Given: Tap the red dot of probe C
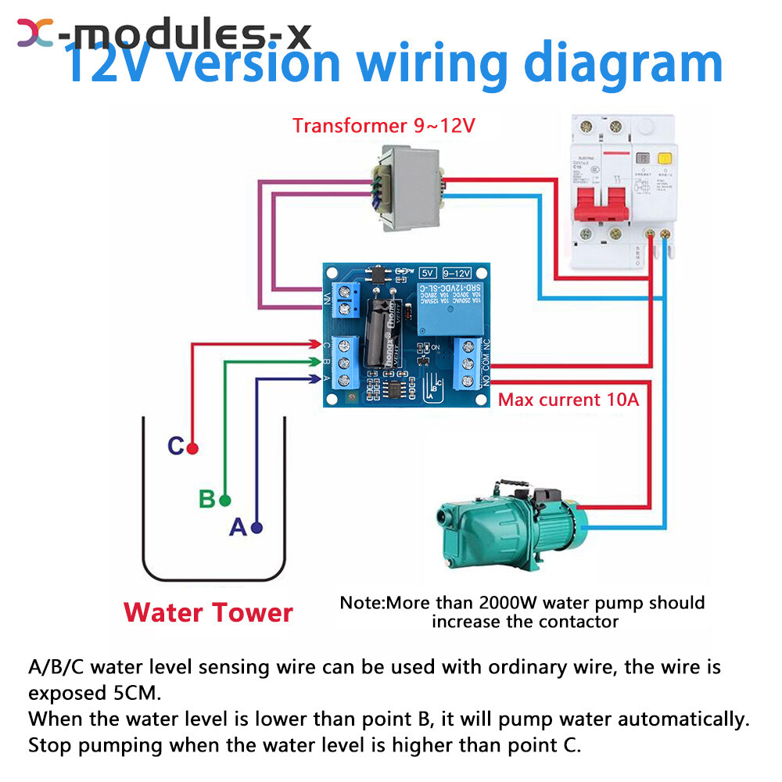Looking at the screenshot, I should [x=192, y=449].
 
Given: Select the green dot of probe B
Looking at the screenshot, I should [x=225, y=500].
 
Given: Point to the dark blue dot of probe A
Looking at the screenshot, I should [x=256, y=528].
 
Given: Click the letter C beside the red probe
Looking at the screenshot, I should [x=176, y=447].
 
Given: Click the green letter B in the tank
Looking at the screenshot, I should [x=206, y=499].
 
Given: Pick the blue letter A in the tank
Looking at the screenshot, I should [x=238, y=528].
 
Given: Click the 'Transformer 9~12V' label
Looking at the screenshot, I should [x=384, y=125].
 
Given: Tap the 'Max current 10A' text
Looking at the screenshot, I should [x=569, y=400].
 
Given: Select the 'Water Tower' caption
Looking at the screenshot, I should [x=208, y=612].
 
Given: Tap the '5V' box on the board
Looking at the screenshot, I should [x=428, y=273].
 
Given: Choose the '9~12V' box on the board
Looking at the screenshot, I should [x=457, y=273].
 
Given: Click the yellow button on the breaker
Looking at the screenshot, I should [x=665, y=157].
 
